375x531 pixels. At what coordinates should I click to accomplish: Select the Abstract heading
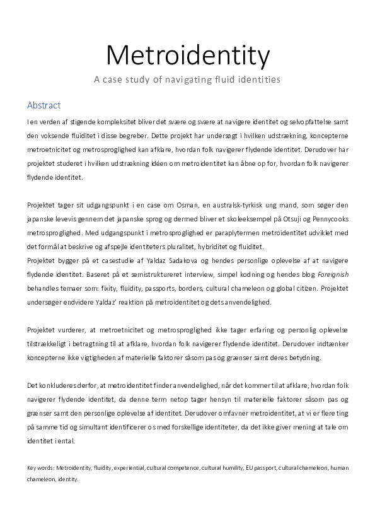coord(43,105)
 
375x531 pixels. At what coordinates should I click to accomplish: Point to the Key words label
coord(40,468)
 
